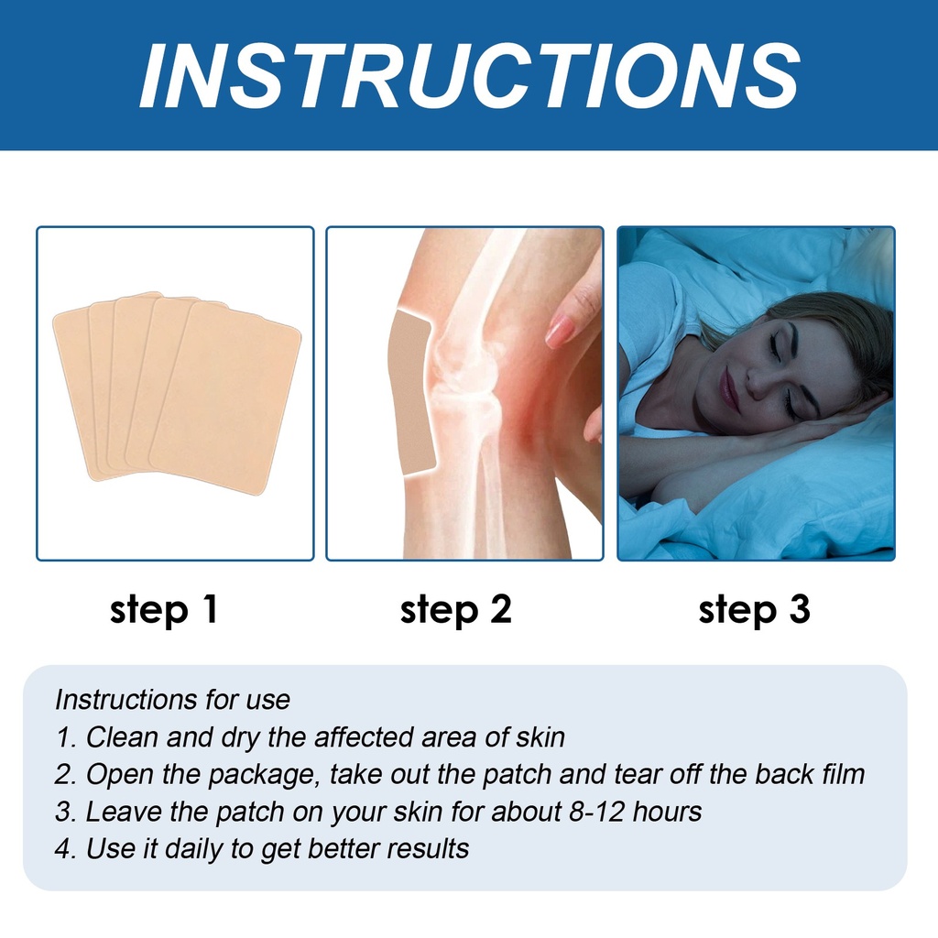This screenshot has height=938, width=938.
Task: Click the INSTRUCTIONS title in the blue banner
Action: pos(470,76)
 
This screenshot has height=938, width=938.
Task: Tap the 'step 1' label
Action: pos(164,610)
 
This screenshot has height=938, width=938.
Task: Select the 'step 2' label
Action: pos(456,610)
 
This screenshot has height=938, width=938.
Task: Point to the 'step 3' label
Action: pos(755,610)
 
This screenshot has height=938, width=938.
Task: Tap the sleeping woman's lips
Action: pos(727,387)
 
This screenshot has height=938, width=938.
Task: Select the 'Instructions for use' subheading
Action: pos(172,699)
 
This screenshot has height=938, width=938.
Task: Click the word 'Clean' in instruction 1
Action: pos(123,737)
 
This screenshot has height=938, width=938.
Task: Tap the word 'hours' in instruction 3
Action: pos(668,812)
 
